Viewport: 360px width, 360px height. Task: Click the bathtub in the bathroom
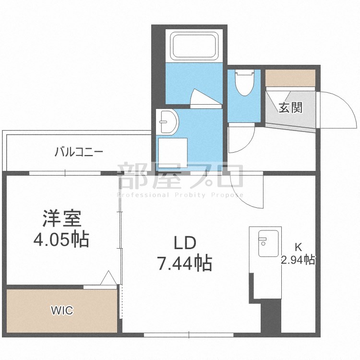(194, 46)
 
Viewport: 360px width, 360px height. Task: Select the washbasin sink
(168, 122)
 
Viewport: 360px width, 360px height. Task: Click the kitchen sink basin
(268, 243)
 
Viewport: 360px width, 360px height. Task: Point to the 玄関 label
(291, 108)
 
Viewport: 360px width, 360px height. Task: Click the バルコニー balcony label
(79, 152)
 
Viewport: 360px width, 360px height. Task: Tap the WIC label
(62, 311)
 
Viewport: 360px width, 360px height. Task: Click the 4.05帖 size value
(61, 239)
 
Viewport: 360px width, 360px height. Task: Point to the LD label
(185, 243)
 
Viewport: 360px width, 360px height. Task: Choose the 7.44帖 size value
(184, 264)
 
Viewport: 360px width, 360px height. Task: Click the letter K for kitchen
(298, 247)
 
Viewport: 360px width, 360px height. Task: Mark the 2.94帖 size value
(298, 260)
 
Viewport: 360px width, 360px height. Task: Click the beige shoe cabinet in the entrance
(290, 78)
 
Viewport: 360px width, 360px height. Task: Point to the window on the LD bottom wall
(189, 335)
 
